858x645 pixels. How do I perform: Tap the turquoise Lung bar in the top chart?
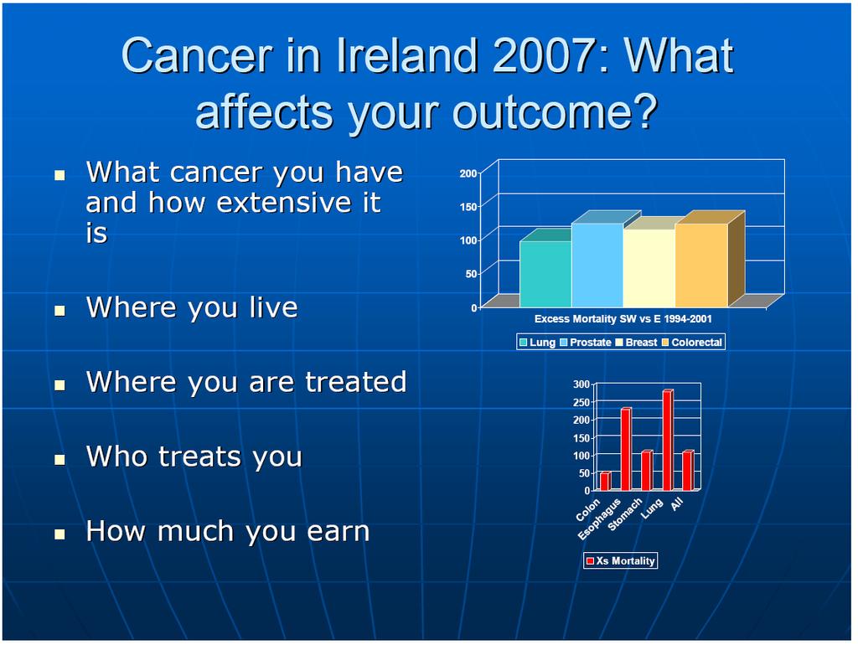click(x=545, y=274)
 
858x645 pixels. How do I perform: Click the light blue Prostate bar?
click(x=597, y=265)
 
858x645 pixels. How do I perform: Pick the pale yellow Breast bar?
click(x=649, y=267)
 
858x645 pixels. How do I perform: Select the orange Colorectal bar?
click(x=702, y=265)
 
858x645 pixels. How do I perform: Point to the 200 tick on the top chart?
click(x=468, y=173)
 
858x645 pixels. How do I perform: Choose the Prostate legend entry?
click(x=585, y=343)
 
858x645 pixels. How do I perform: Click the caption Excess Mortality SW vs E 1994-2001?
click(x=623, y=319)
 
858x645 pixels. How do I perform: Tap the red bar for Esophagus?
click(x=626, y=449)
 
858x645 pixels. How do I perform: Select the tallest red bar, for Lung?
click(x=668, y=440)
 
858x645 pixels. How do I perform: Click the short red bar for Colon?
click(x=605, y=482)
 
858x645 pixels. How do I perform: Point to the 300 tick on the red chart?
click(x=581, y=384)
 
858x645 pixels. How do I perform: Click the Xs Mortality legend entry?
click(x=621, y=560)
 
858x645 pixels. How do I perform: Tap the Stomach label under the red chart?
click(x=625, y=515)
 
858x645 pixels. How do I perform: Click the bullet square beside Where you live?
click(x=59, y=311)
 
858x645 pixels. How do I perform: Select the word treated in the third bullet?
click(x=355, y=381)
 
